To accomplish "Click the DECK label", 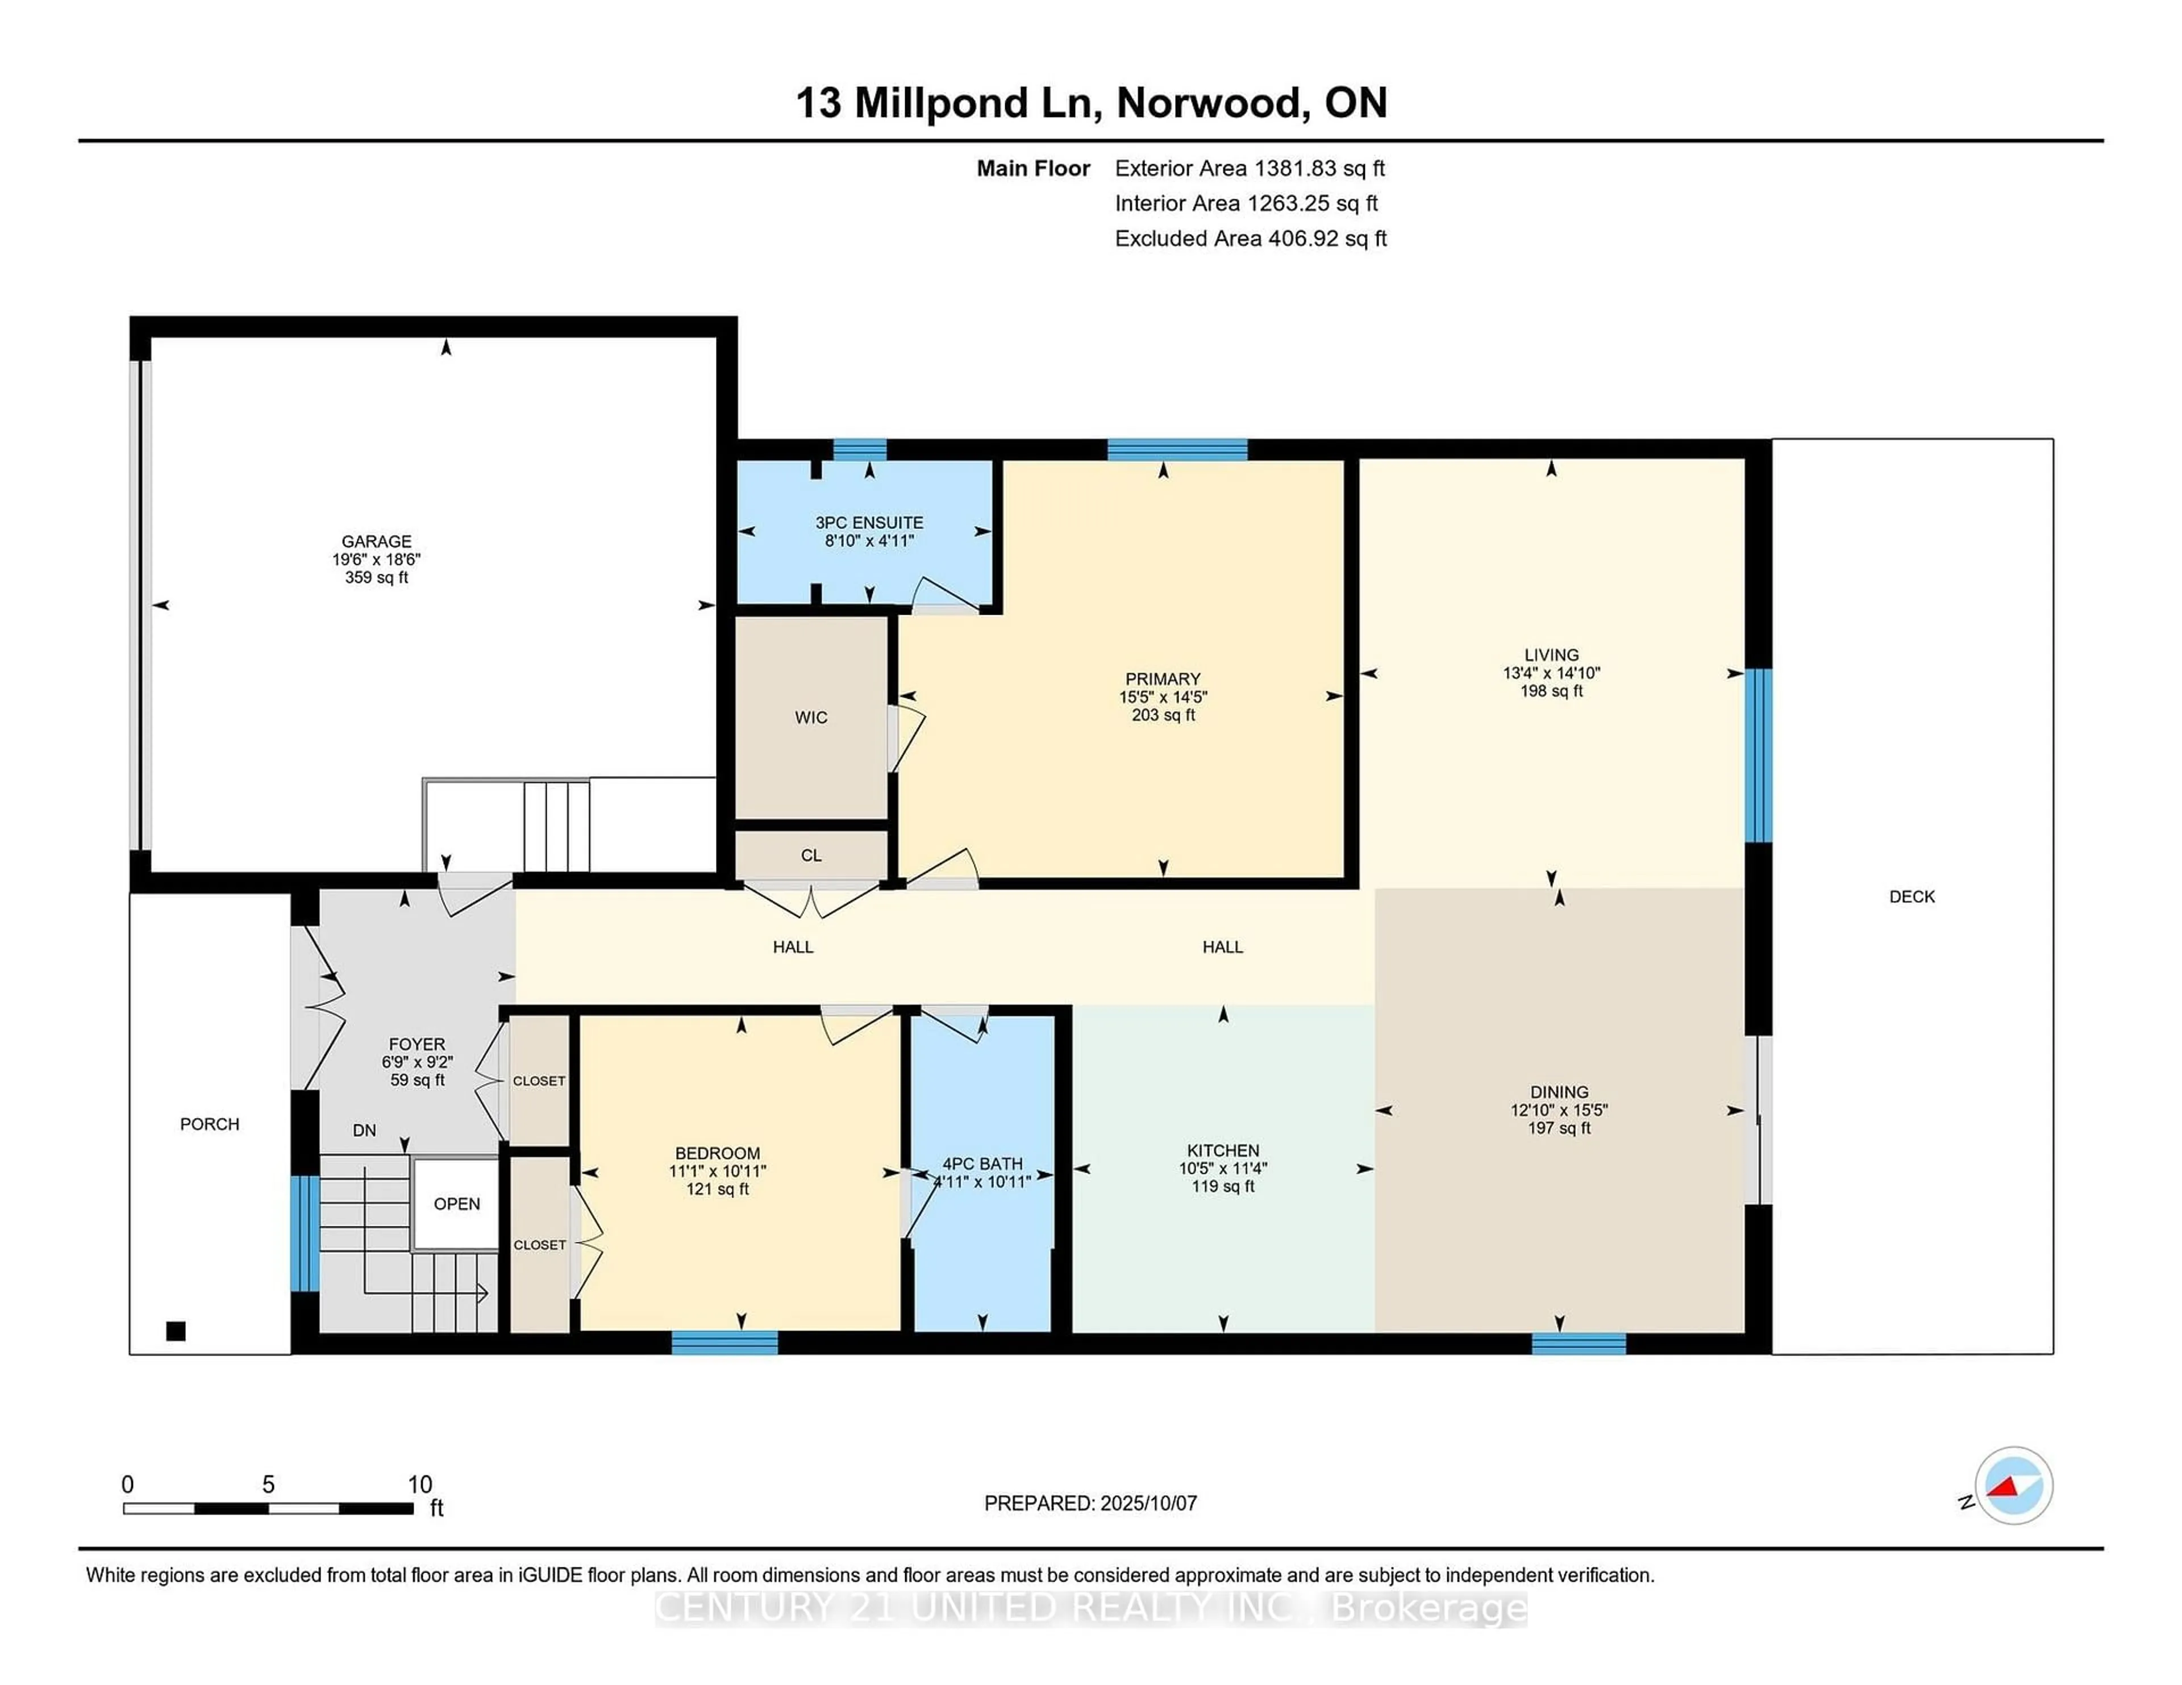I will point(1912,897).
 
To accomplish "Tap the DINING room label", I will point(1559,1092).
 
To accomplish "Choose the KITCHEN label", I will point(1223,1150).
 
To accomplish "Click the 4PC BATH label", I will point(982,1163).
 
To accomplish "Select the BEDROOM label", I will point(717,1153).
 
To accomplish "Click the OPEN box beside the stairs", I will point(457,1204).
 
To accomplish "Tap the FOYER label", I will point(417,1044).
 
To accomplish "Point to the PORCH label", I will point(210,1124).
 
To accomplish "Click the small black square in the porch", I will point(176,1331).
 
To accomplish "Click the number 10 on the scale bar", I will point(419,1484).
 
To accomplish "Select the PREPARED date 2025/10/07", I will point(1147,1503).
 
